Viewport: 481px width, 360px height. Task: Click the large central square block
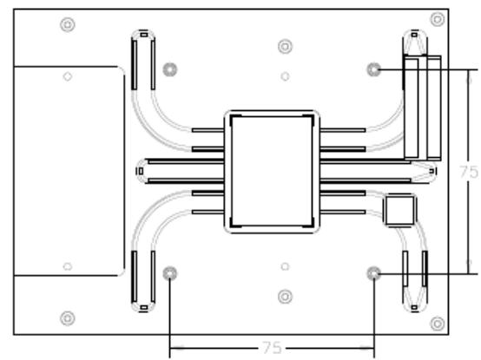coord(272,172)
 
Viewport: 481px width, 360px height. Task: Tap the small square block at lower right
coord(399,211)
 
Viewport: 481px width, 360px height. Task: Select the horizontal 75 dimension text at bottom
coord(272,348)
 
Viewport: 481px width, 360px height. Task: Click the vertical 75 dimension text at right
coord(469,172)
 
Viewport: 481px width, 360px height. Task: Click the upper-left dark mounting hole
coord(170,69)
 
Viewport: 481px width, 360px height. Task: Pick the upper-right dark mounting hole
coord(373,69)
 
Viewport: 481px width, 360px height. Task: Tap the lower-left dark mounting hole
coord(169,273)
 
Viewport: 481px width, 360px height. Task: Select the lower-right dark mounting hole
coord(373,273)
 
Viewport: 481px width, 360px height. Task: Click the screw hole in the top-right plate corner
coord(438,19)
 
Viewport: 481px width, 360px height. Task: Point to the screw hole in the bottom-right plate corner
coord(438,324)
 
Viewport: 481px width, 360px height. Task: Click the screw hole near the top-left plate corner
coord(68,24)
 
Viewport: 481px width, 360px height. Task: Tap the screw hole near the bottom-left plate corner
coord(68,318)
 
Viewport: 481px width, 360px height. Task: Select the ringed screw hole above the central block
coord(285,47)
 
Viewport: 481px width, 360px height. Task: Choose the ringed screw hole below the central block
coord(285,297)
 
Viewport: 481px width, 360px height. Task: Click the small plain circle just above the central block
coord(285,76)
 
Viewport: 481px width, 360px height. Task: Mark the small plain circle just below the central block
coord(285,266)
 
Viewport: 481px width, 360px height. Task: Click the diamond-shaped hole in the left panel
coord(68,76)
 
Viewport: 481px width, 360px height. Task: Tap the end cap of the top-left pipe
coord(143,35)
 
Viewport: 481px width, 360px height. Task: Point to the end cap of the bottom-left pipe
coord(143,307)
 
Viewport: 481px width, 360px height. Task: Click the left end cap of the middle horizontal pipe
coord(141,171)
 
